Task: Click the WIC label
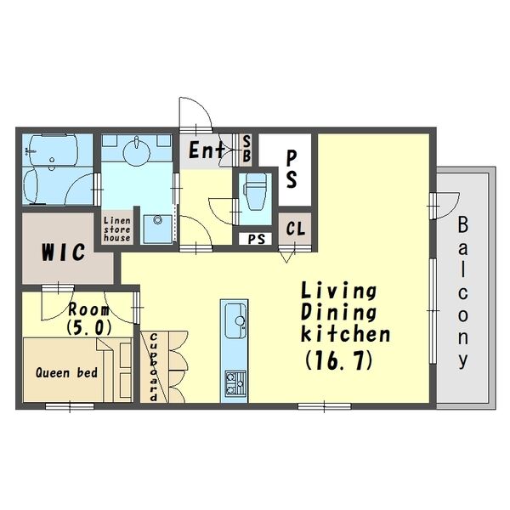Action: [x=64, y=252]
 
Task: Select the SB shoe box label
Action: [x=246, y=149]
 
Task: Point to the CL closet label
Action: [x=296, y=229]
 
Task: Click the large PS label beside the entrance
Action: [x=292, y=170]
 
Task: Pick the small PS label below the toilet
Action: [x=257, y=239]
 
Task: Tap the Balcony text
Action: [x=463, y=292]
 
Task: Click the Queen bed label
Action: [x=66, y=373]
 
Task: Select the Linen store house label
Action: [x=117, y=229]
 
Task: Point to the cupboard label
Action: [x=154, y=367]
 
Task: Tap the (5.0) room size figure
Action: [x=88, y=328]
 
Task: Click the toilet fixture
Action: [x=256, y=192]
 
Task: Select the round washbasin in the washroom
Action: [x=137, y=151]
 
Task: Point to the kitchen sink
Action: [x=235, y=321]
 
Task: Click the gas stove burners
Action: [x=235, y=382]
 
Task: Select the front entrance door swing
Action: [x=195, y=114]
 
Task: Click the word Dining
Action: [x=338, y=312]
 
